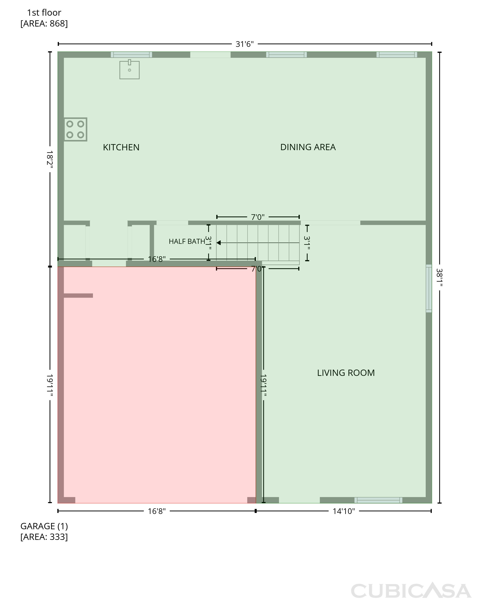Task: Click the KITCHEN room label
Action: pyautogui.click(x=121, y=147)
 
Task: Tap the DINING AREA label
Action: pyautogui.click(x=308, y=147)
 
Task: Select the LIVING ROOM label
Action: pyautogui.click(x=346, y=373)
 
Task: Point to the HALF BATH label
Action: pyautogui.click(x=187, y=241)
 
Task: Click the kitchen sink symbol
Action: pyautogui.click(x=130, y=70)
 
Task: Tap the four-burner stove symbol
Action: pyautogui.click(x=75, y=129)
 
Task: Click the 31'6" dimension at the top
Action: pyautogui.click(x=245, y=44)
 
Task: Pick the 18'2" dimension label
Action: pyautogui.click(x=50, y=160)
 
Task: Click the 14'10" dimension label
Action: pyautogui.click(x=343, y=511)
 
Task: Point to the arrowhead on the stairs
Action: pyautogui.click(x=219, y=243)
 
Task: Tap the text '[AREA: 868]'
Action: pyautogui.click(x=44, y=24)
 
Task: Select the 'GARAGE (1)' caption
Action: pyautogui.click(x=44, y=526)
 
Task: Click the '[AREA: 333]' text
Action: pyautogui.click(x=44, y=537)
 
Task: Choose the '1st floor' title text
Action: pyautogui.click(x=44, y=12)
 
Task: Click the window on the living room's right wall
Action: pyautogui.click(x=429, y=288)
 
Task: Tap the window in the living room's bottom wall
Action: pyautogui.click(x=378, y=500)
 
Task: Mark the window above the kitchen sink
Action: pyautogui.click(x=131, y=55)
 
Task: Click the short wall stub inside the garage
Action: pyautogui.click(x=78, y=295)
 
